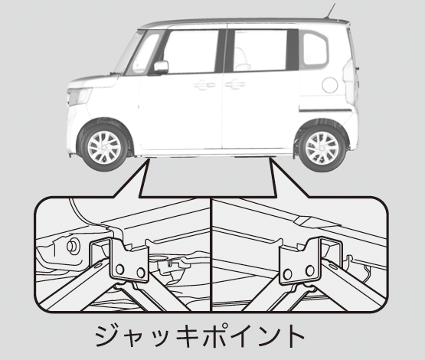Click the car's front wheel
coord(104,147)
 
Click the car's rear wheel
coord(322,148)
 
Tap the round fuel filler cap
coord(330,85)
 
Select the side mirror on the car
coord(161,67)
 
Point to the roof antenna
coord(330,11)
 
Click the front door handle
coord(204,85)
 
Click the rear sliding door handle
coord(235,84)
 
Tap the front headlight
coord(79,97)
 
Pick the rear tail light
coord(351,79)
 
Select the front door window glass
coord(191,51)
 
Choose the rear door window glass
coord(260,51)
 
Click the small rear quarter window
coord(315,49)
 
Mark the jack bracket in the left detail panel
coord(129,260)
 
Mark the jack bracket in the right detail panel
coord(299,260)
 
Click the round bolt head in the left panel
coord(73,246)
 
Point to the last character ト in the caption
coord(294,336)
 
